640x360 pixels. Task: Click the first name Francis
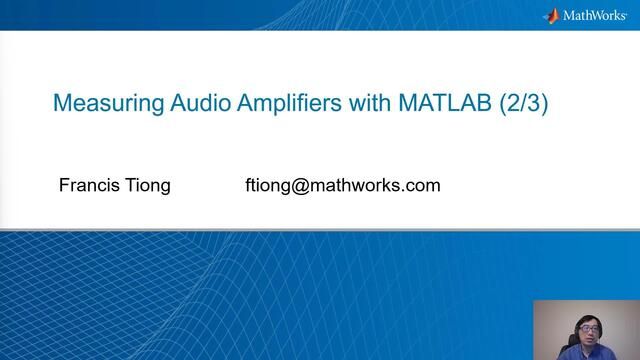coord(89,186)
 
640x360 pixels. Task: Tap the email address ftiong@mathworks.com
coord(342,186)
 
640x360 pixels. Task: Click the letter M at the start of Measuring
coord(59,103)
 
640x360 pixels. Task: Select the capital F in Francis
coord(65,186)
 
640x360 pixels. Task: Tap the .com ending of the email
coord(423,186)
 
